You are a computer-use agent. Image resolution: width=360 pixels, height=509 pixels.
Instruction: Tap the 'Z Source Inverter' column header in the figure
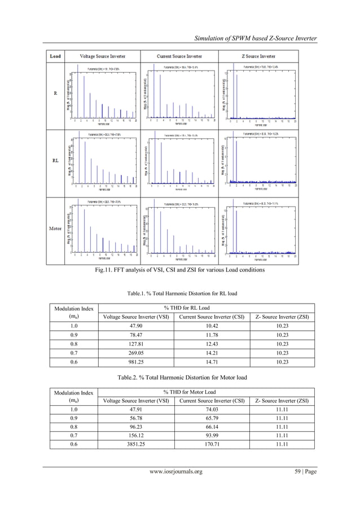point(259,56)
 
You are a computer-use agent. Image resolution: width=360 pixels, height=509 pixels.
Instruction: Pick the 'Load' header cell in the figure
point(56,56)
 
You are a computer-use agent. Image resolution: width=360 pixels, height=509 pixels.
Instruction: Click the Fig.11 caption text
point(179,271)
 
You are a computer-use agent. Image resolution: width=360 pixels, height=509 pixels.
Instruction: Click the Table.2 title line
point(179,375)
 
